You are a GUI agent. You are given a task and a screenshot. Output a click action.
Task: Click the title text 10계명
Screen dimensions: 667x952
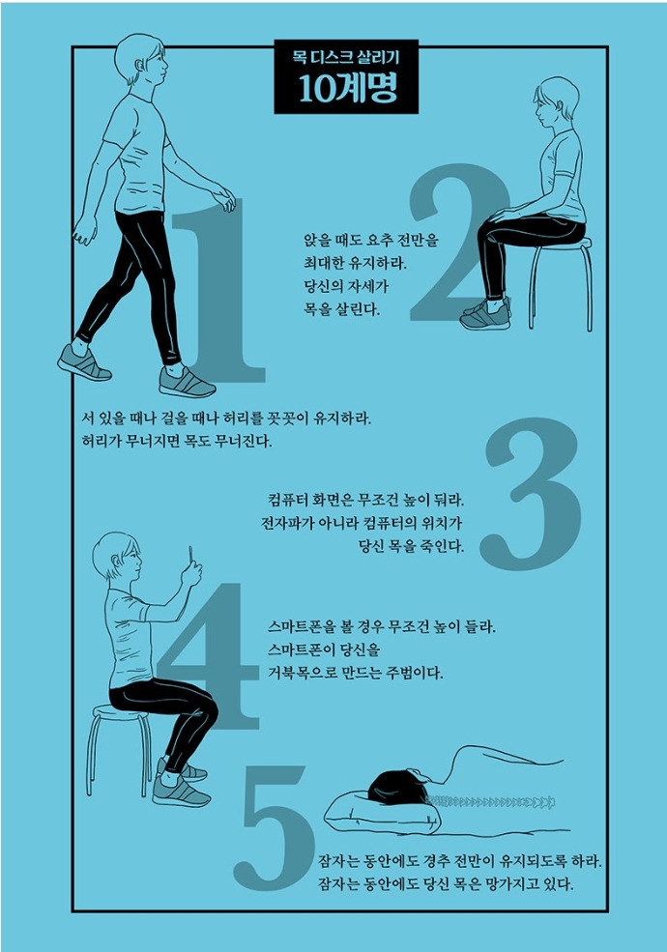pos(347,89)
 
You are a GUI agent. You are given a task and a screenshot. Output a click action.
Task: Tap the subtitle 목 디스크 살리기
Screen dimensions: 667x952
pos(346,58)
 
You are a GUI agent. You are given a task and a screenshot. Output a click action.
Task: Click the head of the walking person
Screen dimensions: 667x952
pos(141,60)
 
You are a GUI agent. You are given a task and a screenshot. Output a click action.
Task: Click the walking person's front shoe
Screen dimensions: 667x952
pos(187,383)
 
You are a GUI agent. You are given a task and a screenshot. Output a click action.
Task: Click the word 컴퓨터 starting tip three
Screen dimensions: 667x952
pos(288,501)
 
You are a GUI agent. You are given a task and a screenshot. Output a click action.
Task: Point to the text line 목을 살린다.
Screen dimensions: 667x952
pos(341,309)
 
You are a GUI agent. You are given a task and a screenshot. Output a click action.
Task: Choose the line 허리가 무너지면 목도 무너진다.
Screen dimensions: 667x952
pos(177,440)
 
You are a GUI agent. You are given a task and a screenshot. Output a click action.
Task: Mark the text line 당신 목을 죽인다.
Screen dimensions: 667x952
pos(411,546)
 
